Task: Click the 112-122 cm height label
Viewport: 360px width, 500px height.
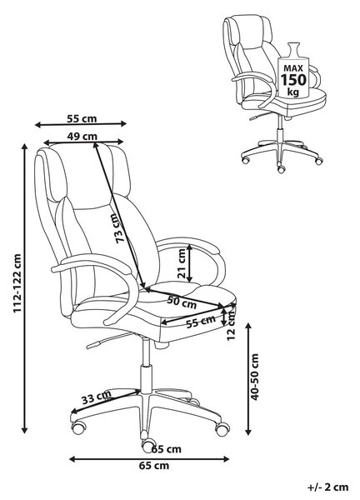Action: click(17, 283)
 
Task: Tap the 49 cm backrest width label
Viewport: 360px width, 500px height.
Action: click(82, 136)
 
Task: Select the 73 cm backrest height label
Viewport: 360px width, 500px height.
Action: click(121, 228)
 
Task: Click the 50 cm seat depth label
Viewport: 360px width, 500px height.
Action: click(182, 302)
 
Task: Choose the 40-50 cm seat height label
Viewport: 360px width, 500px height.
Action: click(255, 377)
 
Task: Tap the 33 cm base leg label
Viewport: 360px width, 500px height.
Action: click(97, 397)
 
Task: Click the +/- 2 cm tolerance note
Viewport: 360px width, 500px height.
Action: click(328, 487)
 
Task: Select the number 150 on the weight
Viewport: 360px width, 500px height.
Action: click(293, 79)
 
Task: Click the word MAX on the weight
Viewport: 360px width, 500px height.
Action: click(293, 68)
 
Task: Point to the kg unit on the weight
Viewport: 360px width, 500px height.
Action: click(293, 92)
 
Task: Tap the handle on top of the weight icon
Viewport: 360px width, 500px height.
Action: click(293, 49)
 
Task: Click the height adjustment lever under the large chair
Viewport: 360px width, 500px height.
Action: click(109, 339)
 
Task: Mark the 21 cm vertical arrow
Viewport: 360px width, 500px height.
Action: click(190, 263)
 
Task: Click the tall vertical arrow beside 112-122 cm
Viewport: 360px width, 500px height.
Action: click(24, 288)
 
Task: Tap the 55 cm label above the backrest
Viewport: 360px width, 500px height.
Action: click(82, 118)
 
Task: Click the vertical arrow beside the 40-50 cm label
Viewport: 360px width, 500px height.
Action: click(248, 379)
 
